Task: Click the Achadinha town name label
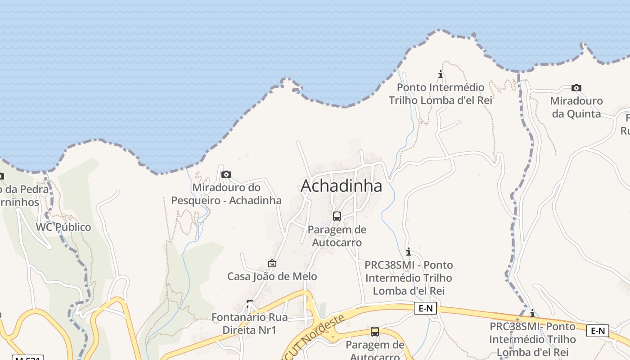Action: (x=341, y=186)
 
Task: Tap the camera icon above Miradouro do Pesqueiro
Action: (x=226, y=174)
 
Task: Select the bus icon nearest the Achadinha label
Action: (x=337, y=216)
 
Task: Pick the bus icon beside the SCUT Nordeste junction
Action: (x=374, y=332)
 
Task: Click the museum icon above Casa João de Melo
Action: (x=272, y=263)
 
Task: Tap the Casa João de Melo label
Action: (x=272, y=276)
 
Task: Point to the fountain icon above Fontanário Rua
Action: (x=250, y=304)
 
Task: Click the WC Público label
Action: (x=63, y=227)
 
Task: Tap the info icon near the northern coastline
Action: (x=441, y=74)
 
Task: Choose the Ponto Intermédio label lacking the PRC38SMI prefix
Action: (x=440, y=94)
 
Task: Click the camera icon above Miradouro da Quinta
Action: (x=576, y=88)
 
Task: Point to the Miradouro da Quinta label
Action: (x=576, y=107)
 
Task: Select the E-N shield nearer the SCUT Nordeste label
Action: (x=425, y=308)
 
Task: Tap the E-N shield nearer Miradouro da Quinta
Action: (x=598, y=331)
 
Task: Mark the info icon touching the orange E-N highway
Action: (x=532, y=313)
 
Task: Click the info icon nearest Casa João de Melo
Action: (x=408, y=252)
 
